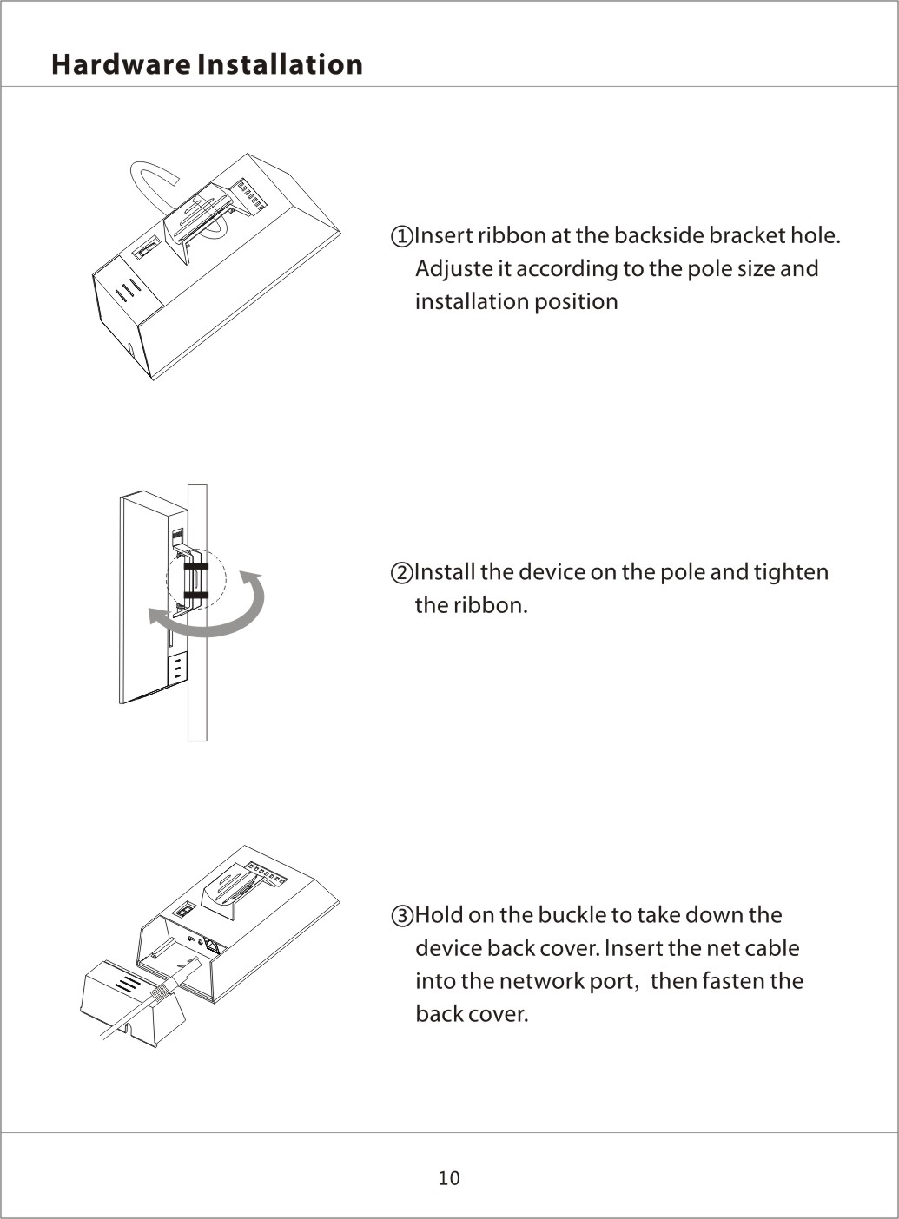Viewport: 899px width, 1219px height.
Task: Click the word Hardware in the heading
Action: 121,64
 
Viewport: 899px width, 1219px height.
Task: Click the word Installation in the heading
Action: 280,64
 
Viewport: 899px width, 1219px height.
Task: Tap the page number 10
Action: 449,1178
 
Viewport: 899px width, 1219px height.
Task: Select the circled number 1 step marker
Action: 402,237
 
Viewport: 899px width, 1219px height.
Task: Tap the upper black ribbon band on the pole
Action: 196,566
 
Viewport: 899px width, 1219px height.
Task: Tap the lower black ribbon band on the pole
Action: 196,596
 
